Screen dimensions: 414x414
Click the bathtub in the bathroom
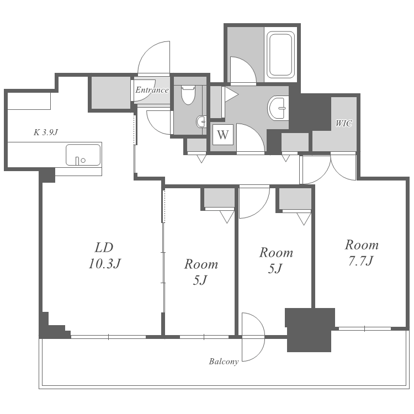(280, 55)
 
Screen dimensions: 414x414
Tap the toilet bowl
(188, 94)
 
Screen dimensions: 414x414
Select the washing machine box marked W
(223, 135)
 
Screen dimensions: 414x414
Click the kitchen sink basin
(83, 155)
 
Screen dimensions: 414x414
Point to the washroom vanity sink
(278, 108)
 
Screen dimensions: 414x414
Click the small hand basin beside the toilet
(201, 122)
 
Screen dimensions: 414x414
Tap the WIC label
(343, 123)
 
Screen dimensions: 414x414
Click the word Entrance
(152, 90)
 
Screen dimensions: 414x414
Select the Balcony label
(224, 361)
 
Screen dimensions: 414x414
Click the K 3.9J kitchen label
(45, 132)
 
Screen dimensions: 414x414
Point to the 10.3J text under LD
(104, 263)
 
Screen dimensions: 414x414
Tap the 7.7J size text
(360, 261)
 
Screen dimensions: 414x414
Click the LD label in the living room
(104, 248)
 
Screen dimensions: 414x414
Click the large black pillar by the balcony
(310, 330)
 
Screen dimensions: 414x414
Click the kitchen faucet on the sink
(77, 161)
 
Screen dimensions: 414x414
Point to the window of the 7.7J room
(364, 329)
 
